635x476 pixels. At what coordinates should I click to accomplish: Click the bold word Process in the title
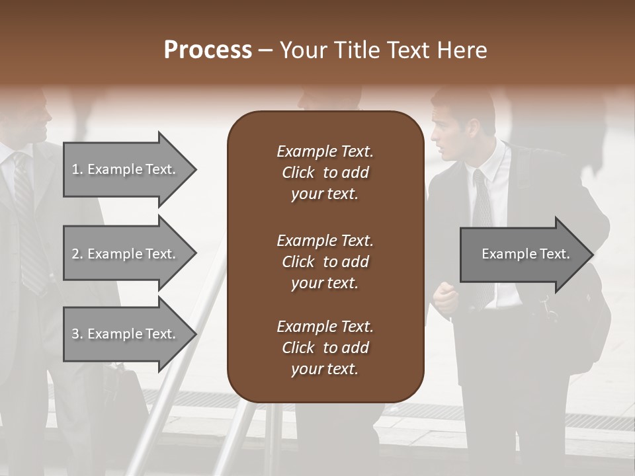[x=208, y=50]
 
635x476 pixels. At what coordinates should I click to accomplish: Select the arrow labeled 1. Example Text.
[x=126, y=169]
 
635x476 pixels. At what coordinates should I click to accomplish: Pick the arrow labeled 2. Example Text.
[x=126, y=254]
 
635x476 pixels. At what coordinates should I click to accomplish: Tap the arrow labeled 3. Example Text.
[x=126, y=334]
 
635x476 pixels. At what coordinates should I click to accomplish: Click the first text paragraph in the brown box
[x=325, y=173]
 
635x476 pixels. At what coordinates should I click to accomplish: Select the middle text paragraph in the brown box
[x=325, y=262]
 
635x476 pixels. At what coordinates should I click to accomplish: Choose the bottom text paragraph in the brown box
[x=325, y=348]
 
